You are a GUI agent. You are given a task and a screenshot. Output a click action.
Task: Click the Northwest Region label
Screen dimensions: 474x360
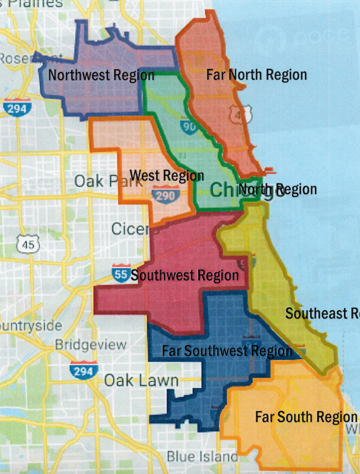point(101,75)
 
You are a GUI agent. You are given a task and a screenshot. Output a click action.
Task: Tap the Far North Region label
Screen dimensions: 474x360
point(256,74)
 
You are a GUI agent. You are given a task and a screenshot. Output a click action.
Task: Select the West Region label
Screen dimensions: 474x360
point(167,176)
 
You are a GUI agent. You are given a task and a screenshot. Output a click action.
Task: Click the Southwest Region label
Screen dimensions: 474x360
point(184,275)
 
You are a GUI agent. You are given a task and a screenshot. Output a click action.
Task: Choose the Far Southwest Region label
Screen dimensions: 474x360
point(227,350)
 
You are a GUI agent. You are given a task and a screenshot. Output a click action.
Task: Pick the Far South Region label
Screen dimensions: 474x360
point(306,416)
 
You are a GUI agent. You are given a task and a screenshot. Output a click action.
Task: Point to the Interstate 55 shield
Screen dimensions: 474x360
point(120,273)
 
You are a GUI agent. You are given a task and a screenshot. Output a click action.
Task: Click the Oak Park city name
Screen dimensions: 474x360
point(100,181)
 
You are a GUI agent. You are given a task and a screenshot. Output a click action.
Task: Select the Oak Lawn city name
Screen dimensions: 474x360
point(141,380)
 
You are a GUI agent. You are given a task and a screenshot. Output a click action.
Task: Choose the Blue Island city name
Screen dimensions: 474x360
point(202,456)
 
